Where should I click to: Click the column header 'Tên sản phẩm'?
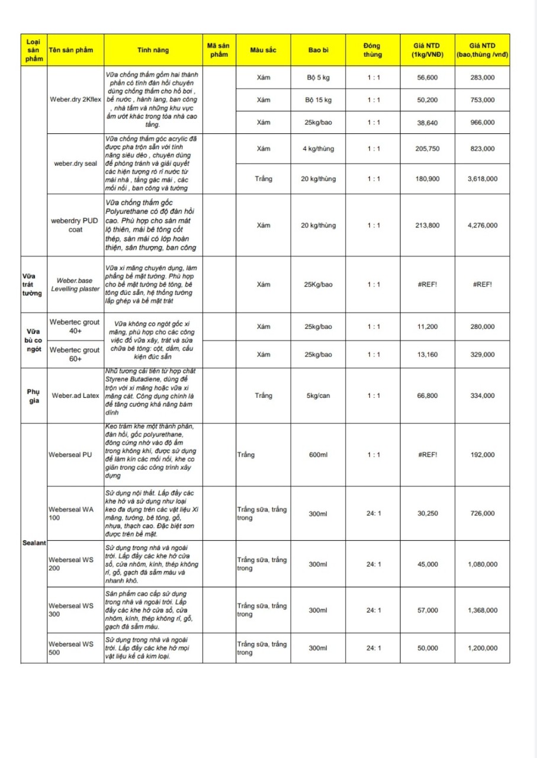[x=70, y=50]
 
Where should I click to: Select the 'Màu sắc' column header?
[x=263, y=50]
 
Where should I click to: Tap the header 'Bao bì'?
[x=318, y=50]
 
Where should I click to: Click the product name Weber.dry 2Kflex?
[x=76, y=99]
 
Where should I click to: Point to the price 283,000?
[x=482, y=78]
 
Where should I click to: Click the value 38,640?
[x=427, y=123]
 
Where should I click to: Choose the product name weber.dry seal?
[x=76, y=163]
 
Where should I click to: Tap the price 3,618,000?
[x=482, y=179]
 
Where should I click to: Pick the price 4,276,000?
[x=482, y=225]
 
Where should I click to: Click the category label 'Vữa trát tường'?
[x=33, y=284]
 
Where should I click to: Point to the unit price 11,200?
[x=427, y=326]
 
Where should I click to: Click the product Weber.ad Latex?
[x=76, y=396]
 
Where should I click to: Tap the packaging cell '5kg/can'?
[x=318, y=396]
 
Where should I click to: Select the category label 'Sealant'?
[x=34, y=543]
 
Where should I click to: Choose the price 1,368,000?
[x=482, y=610]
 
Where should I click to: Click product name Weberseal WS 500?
[x=71, y=648]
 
